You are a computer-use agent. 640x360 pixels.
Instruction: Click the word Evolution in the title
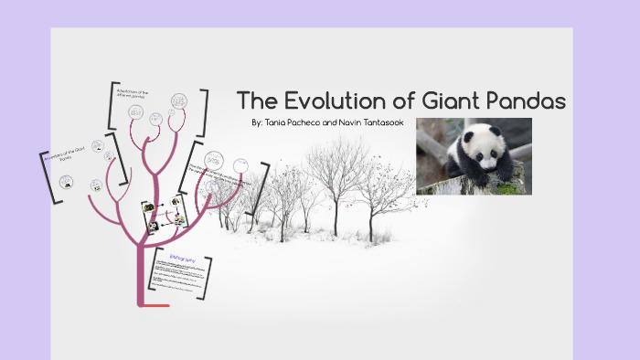[x=326, y=100]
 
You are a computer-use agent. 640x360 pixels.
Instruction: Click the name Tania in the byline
[x=278, y=122]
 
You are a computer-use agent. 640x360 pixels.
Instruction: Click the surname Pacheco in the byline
[x=314, y=122]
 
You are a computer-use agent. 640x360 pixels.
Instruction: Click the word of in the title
[x=396, y=100]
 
